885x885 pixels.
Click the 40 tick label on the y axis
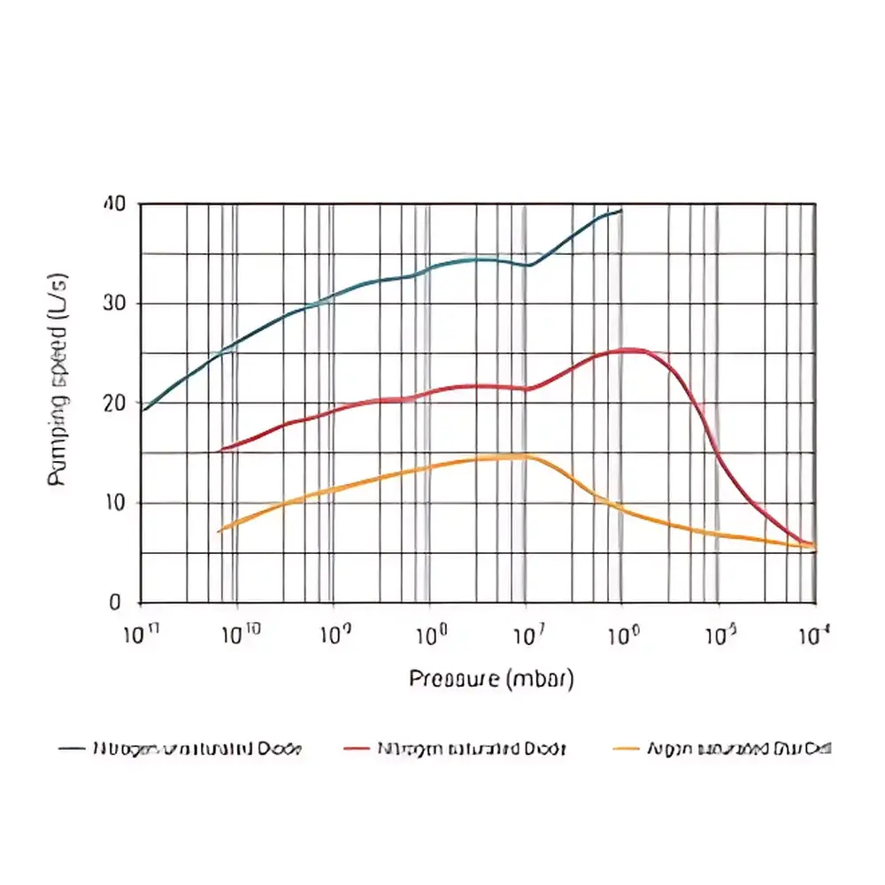click(116, 204)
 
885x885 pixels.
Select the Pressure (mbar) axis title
click(492, 679)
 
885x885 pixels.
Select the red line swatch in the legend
click(356, 749)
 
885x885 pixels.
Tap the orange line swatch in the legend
click(626, 749)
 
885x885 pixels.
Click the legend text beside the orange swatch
click(740, 749)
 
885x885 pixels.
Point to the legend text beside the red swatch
click(471, 749)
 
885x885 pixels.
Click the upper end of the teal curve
click(621, 211)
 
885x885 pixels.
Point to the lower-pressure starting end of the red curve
click(219, 450)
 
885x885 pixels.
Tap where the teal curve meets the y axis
click(142, 411)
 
